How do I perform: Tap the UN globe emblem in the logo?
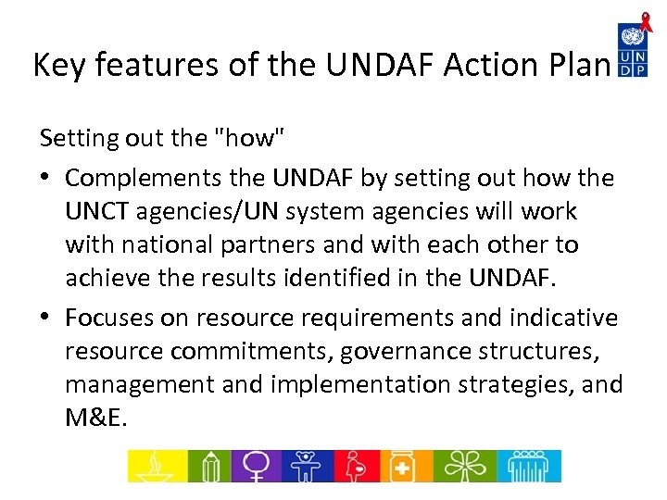[x=633, y=37]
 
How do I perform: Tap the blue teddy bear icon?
[x=312, y=466]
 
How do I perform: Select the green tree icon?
[x=460, y=466]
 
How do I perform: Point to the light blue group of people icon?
[x=528, y=466]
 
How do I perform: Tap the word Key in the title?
[x=57, y=65]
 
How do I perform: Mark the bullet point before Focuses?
[x=47, y=319]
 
